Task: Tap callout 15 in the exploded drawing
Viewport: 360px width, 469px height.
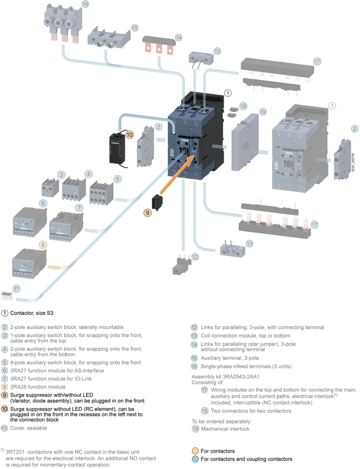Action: coord(134,28)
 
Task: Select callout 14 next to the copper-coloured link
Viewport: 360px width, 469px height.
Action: coord(179,38)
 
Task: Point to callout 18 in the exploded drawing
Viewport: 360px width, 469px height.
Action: coord(243,106)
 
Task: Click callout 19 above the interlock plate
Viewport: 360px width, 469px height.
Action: coord(262,112)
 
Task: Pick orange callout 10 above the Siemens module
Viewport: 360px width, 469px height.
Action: coord(130,135)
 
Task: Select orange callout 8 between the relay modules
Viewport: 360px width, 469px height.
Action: coord(43,244)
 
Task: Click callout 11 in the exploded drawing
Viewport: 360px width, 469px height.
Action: coord(17,289)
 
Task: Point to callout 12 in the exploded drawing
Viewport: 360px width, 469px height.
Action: coord(195,257)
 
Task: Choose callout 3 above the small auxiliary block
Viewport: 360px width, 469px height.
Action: coord(61,174)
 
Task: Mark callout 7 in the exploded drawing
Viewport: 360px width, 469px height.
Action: coord(79,207)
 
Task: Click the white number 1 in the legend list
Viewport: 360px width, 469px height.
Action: coord(5,313)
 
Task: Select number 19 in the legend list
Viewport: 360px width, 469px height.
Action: coord(196,429)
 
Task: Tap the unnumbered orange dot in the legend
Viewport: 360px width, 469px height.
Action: coord(195,450)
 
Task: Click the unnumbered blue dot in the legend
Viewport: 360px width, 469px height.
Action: coord(195,459)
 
